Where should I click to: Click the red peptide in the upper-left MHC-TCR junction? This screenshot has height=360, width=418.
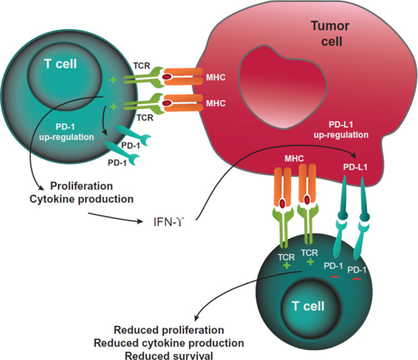[166, 77]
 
